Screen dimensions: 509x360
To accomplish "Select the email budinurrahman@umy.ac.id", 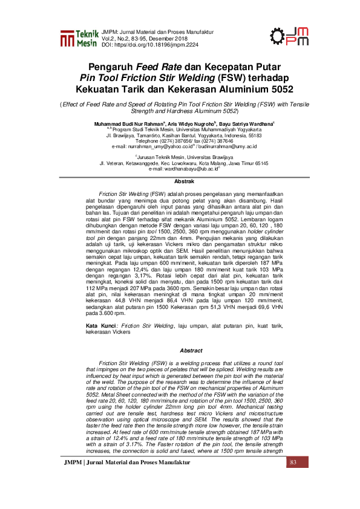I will click(x=223, y=146).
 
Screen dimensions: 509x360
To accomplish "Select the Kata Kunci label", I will click(x=100, y=325).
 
